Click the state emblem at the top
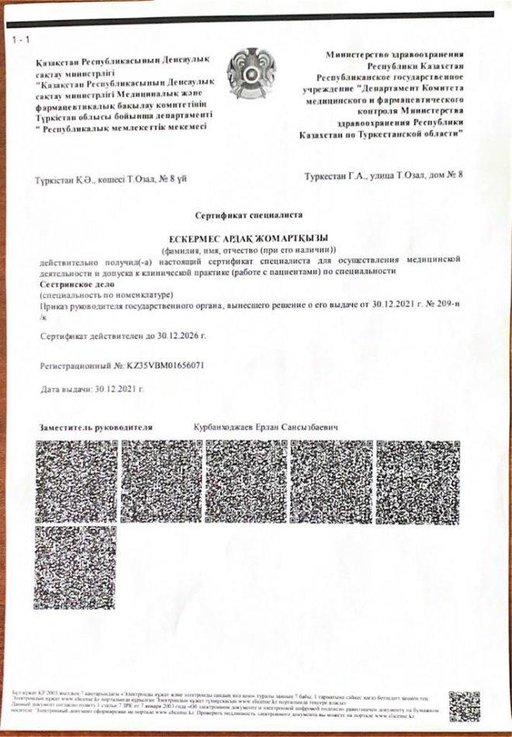click(251, 74)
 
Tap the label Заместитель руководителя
click(95, 427)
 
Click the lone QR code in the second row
click(76, 566)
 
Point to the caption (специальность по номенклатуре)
click(106, 296)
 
